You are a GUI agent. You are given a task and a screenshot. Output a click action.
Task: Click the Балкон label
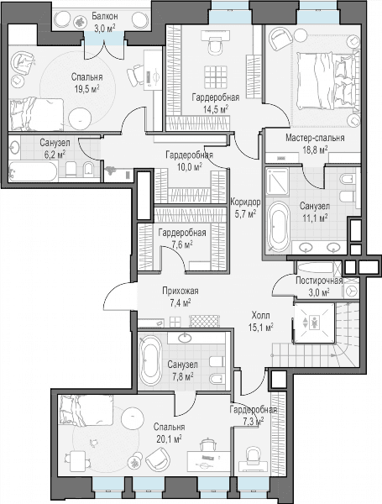coord(104,16)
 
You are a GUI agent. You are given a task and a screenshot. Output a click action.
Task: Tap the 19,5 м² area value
coord(86,89)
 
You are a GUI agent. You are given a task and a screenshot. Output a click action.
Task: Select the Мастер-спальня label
coord(315,138)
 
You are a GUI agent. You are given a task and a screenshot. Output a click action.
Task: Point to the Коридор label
coord(245,202)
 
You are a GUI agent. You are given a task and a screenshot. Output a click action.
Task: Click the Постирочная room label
coord(319,281)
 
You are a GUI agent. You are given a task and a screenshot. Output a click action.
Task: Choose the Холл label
coord(260,315)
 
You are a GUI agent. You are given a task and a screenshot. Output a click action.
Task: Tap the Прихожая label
coord(181,291)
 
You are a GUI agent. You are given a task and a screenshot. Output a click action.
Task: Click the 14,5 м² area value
coord(215,109)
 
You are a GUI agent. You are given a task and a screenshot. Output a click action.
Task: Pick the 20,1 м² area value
coord(169,439)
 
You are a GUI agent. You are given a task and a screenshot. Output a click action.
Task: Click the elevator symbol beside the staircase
coord(314,323)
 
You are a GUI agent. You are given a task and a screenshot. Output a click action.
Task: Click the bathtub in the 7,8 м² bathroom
coord(151,360)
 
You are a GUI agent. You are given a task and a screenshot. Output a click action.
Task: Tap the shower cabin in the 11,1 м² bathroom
coord(277,181)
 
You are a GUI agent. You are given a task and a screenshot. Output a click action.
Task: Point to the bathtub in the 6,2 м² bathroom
coord(33,171)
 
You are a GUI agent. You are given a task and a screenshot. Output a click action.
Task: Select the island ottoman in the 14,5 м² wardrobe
coord(216,77)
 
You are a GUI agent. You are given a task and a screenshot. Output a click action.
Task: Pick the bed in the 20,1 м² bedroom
coord(86,410)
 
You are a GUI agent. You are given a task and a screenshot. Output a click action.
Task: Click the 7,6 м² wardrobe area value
coord(182,245)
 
